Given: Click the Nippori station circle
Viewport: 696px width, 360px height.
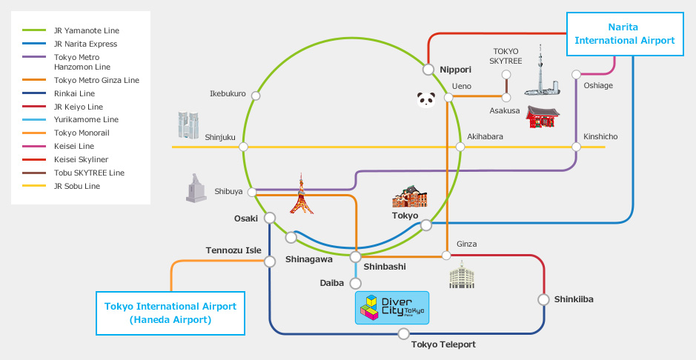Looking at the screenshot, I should click(428, 70).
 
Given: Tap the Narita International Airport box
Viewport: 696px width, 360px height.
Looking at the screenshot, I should click(625, 33).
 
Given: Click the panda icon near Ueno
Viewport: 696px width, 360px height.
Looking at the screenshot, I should click(425, 99).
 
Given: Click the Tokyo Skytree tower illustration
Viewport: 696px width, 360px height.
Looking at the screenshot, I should click(541, 73).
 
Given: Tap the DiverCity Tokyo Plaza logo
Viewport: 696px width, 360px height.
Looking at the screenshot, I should click(392, 307).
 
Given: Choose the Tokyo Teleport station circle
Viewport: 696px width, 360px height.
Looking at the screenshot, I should click(403, 334).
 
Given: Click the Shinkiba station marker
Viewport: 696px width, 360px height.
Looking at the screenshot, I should click(544, 300).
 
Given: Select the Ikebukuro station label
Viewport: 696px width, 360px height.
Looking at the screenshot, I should click(228, 94).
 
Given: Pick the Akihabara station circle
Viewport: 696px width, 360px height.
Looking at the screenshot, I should click(460, 147).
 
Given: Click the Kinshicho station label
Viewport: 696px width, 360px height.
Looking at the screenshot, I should click(600, 137).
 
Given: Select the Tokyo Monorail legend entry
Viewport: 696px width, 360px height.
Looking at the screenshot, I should click(82, 133).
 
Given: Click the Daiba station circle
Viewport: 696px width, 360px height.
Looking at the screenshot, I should click(355, 283).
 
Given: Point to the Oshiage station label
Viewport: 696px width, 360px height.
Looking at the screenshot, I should click(598, 86).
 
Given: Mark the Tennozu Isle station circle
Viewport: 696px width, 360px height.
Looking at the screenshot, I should click(269, 263).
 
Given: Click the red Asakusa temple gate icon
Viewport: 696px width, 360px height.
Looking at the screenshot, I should click(543, 117).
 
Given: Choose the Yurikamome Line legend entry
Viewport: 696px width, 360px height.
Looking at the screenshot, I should click(86, 120).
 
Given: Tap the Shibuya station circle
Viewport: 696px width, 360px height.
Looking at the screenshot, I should click(252, 193).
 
